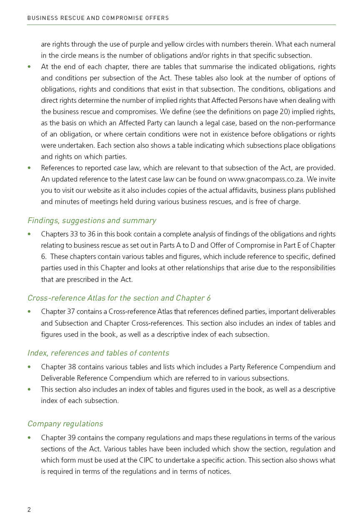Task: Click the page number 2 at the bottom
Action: coord(29,510)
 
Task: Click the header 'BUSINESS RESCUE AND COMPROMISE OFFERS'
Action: coord(98,18)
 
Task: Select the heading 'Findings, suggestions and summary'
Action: coord(92,220)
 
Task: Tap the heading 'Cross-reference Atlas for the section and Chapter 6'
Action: coord(119,298)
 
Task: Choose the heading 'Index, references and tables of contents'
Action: coord(98,353)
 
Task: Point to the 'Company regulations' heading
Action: coord(65,423)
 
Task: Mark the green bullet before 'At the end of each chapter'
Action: coord(29,67)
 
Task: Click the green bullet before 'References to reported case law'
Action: coord(29,168)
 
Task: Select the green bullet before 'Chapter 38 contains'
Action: coord(29,367)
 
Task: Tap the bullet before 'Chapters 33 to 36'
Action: coord(29,234)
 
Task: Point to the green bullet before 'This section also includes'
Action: coord(29,389)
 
